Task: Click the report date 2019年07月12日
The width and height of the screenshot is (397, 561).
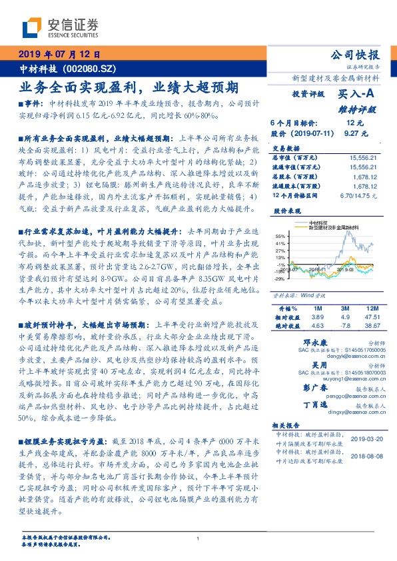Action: click(59, 55)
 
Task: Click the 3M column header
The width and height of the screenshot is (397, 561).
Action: click(345, 308)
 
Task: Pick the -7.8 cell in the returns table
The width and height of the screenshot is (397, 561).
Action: click(345, 326)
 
